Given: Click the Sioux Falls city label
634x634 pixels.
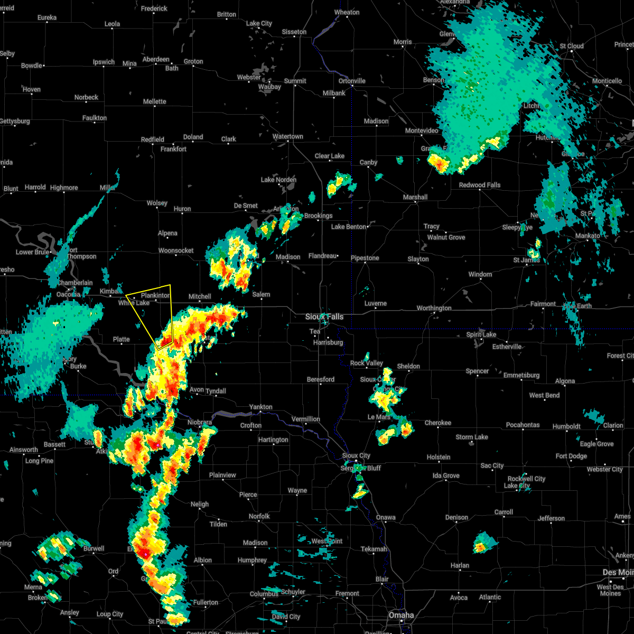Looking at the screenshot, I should [324, 316].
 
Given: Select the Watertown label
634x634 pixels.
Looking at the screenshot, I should [287, 136].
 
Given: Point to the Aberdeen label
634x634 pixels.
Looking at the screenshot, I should [156, 59].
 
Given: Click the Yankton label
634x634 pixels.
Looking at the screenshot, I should [260, 407].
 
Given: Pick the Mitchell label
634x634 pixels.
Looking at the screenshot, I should [200, 296].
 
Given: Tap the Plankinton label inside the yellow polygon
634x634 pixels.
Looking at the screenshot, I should [155, 295].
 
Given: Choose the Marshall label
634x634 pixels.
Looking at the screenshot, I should [415, 197].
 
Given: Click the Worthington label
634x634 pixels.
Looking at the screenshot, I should [434, 308].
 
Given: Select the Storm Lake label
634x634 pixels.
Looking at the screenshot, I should [472, 437].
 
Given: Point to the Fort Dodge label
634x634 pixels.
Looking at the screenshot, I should [571, 456].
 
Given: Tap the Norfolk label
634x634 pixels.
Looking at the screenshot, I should [259, 516].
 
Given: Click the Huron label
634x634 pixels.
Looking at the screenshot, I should [182, 209].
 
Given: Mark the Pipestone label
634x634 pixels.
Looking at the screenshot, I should [365, 258].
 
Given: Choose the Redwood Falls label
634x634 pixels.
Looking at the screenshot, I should [480, 185].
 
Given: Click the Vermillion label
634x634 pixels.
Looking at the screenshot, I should [306, 419].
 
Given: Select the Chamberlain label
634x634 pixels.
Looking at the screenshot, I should [75, 283].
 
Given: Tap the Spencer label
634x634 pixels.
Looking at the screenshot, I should [477, 371].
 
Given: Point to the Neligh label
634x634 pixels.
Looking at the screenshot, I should [200, 504].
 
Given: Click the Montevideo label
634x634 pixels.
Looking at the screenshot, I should [421, 130].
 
